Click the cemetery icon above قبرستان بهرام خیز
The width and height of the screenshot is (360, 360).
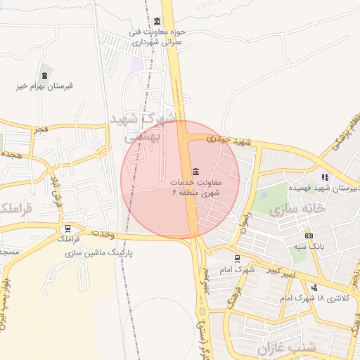tap(45, 73)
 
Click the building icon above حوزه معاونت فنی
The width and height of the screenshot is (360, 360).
tap(156, 21)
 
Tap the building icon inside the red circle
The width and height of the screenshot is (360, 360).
tap(195, 172)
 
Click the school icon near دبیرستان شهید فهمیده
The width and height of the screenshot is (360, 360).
tap(324, 177)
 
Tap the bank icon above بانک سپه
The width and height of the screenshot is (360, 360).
tap(309, 236)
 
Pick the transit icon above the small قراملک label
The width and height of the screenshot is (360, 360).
tap(67, 229)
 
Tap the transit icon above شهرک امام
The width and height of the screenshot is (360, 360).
tap(236, 259)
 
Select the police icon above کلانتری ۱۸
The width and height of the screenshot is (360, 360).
tap(314, 288)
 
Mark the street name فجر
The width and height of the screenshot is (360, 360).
tap(41, 130)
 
